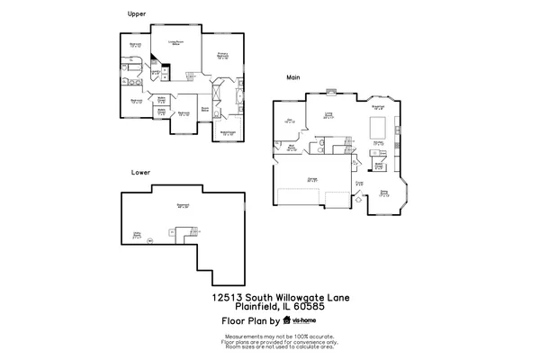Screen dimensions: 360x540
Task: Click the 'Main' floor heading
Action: (292, 78)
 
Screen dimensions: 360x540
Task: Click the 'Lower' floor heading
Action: (139, 171)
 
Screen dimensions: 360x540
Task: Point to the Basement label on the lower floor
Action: (184, 205)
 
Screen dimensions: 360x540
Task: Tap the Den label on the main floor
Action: (289, 120)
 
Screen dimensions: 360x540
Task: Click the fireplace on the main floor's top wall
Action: (330, 91)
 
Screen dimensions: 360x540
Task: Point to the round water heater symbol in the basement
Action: (150, 239)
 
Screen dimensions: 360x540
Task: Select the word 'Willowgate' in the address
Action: (293, 296)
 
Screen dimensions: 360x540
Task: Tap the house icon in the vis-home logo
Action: (287, 319)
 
